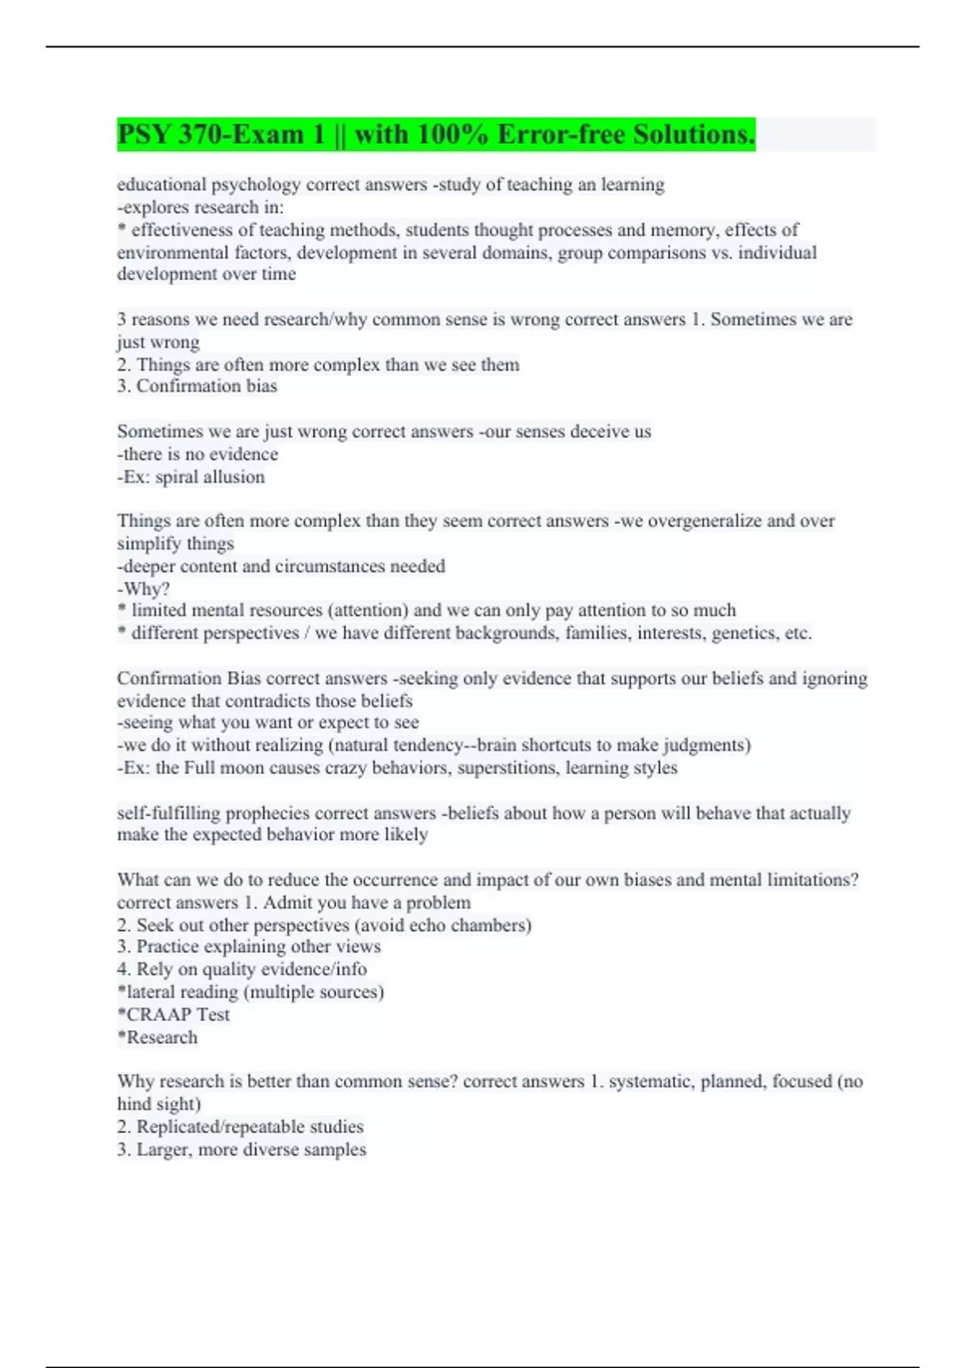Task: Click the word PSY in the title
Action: pos(143,134)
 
